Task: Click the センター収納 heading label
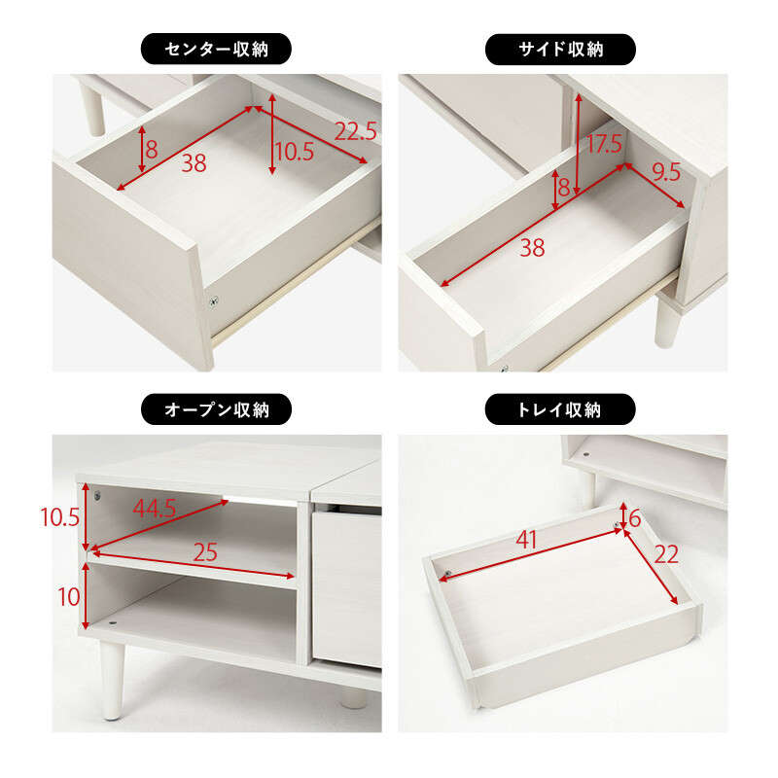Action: [217, 49]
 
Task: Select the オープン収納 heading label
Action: [217, 409]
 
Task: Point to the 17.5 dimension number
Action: [604, 146]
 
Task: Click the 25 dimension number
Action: [205, 553]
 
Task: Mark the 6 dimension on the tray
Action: [634, 518]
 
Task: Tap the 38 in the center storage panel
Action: [194, 163]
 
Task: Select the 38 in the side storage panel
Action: [531, 248]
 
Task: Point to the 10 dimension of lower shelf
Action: [68, 596]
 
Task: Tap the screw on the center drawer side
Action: [215, 302]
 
